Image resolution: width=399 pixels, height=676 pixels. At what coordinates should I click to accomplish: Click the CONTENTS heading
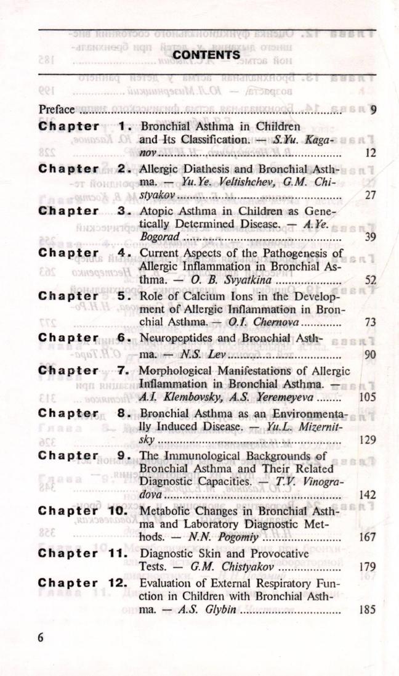pos(206,55)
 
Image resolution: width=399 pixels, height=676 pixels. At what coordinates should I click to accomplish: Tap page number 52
pos(370,280)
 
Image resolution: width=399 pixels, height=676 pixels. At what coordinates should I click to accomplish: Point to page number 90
pos(370,354)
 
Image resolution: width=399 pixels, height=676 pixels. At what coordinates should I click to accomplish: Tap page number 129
pos(368,440)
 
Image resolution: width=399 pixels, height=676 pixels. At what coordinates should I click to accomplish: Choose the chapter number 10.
pos(117,511)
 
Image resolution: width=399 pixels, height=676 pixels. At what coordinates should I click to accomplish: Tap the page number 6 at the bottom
pos(41,638)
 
